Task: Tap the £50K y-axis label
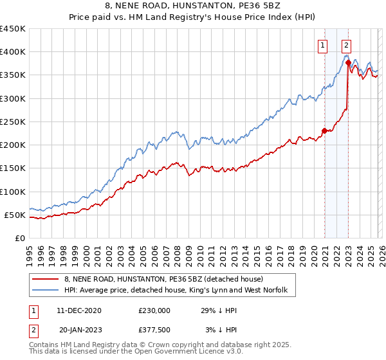(x=15, y=215)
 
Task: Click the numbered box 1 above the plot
(x=322, y=45)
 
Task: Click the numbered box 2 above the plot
(x=346, y=45)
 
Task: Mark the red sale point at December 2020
(x=324, y=131)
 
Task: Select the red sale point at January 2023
(x=348, y=62)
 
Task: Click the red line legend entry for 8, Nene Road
(x=163, y=280)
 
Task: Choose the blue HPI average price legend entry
(x=179, y=291)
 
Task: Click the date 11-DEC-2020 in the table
(x=83, y=310)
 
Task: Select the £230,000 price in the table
(x=154, y=310)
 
